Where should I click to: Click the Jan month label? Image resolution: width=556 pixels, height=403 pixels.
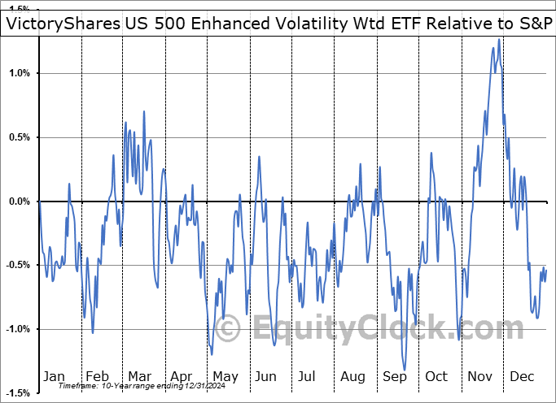[x=54, y=376]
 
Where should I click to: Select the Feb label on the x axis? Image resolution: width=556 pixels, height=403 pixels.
[x=97, y=376]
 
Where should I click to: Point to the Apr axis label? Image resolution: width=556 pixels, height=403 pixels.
[x=182, y=376]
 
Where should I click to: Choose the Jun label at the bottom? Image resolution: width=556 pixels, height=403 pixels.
[x=265, y=376]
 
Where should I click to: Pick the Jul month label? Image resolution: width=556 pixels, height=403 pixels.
[x=307, y=376]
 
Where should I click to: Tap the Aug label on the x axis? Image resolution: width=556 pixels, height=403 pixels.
[x=352, y=376]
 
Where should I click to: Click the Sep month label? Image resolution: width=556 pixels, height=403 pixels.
[x=394, y=376]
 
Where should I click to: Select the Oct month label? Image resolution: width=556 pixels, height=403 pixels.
[x=436, y=376]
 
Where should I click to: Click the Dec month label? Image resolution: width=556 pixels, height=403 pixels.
[x=522, y=376]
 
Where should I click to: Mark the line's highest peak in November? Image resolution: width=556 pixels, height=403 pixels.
[x=498, y=39]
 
